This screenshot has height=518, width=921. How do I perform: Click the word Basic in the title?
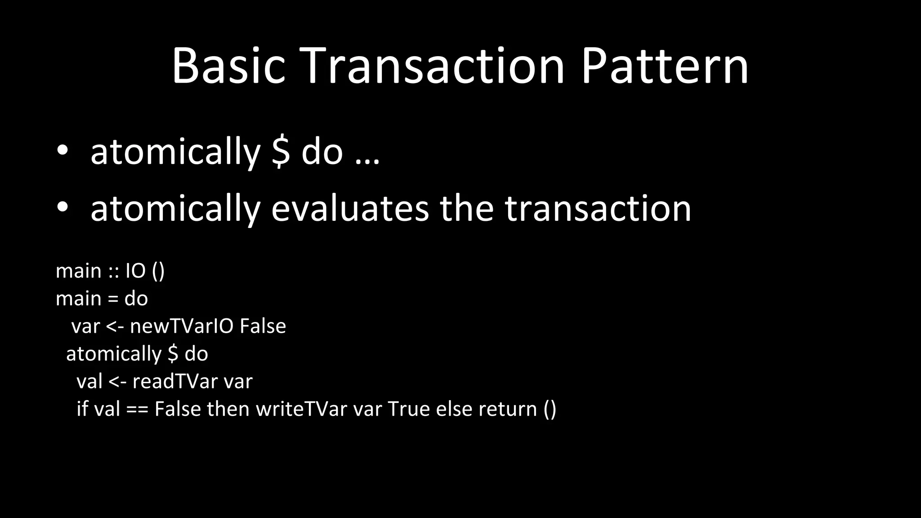point(228,66)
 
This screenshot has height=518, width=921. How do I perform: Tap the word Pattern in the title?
point(665,66)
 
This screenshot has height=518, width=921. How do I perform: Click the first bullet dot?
point(63,151)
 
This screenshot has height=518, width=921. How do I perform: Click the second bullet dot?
point(63,207)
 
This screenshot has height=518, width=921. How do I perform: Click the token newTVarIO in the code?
point(182,326)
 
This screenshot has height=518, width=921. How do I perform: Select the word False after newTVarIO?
point(263,326)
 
